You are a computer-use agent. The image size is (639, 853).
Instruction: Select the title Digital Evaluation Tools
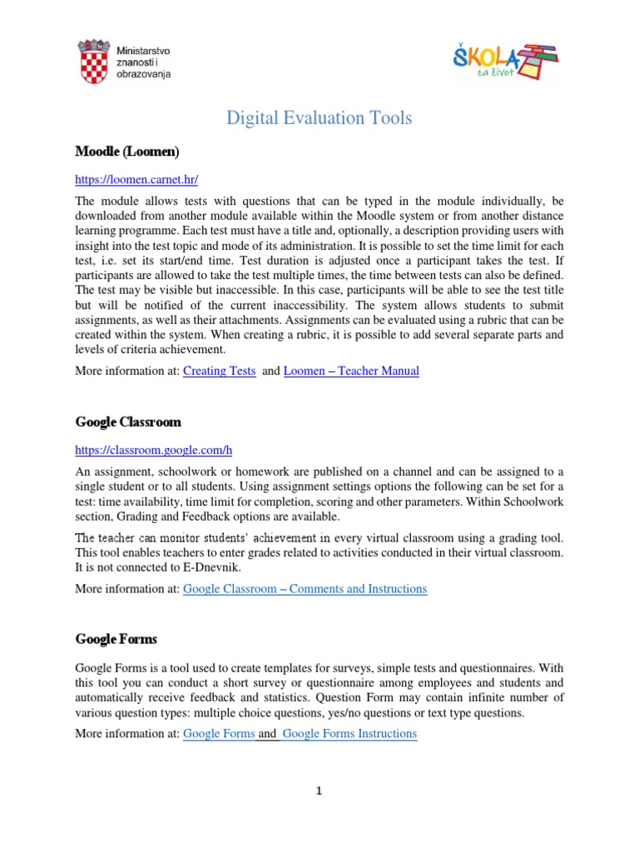[319, 118]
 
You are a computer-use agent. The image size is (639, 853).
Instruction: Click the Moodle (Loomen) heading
[126, 152]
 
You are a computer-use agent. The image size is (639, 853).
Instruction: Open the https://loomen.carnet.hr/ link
[136, 179]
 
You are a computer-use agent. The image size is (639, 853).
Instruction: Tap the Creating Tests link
[219, 372]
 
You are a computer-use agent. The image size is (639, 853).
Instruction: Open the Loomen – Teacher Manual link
[351, 372]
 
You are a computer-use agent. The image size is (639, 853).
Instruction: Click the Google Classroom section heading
[128, 422]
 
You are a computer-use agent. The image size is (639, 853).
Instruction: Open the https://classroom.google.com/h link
[153, 451]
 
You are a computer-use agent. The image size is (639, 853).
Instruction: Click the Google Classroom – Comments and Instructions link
[305, 589]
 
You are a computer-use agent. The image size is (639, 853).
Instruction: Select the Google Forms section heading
[116, 640]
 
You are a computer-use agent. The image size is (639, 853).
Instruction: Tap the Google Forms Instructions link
[349, 734]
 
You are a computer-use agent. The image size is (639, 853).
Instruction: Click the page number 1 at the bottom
[319, 791]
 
